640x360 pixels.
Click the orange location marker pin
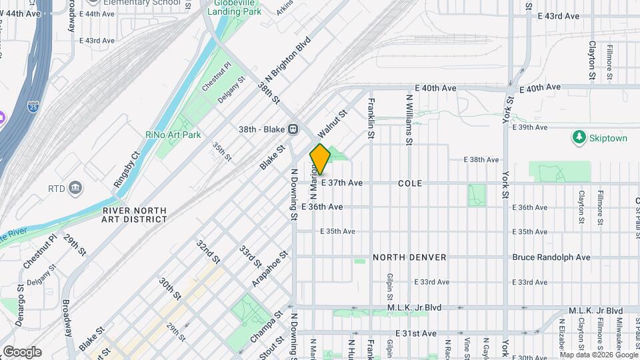tap(320, 159)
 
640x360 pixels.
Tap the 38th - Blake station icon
tap(292, 129)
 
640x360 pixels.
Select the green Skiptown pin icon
tap(579, 137)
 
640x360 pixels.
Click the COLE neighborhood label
tap(410, 183)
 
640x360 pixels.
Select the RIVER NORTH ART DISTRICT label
tap(134, 215)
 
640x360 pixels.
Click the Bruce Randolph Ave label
tap(551, 257)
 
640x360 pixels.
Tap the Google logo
tap(22, 352)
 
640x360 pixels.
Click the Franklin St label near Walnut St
tap(371, 119)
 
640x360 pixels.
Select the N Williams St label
tap(409, 119)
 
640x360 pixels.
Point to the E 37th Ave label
tap(341, 183)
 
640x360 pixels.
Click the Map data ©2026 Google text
tap(597, 355)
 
